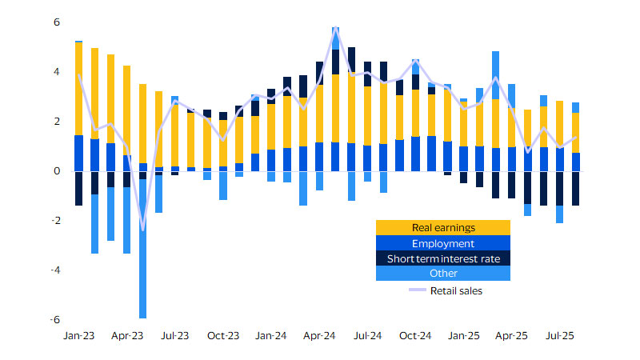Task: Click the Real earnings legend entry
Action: (442, 228)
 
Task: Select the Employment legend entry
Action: (442, 243)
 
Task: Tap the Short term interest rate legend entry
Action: (442, 258)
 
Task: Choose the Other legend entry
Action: (442, 274)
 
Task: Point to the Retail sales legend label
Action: (456, 290)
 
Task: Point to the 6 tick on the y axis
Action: (57, 22)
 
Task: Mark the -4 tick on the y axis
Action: (55, 270)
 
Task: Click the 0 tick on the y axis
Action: (57, 171)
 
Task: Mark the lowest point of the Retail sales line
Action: (142, 230)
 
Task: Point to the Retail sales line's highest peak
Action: (335, 29)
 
